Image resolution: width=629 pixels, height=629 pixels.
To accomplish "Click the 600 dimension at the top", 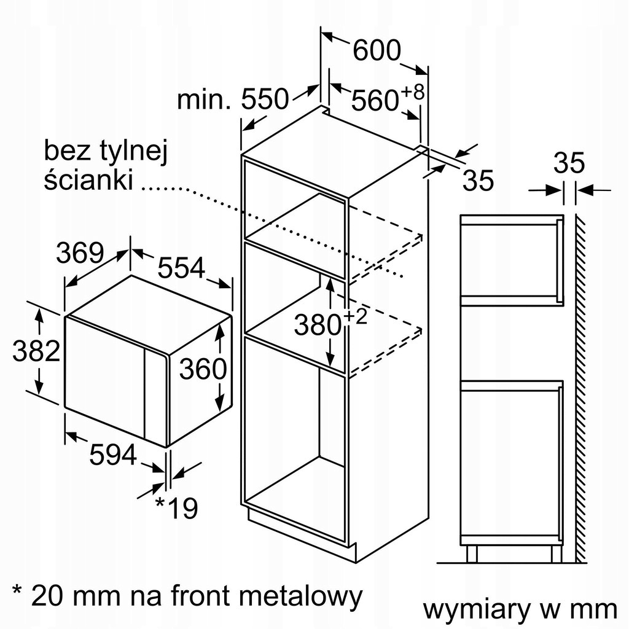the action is click(377, 50).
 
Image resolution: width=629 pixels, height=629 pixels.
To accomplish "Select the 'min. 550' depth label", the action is click(233, 99).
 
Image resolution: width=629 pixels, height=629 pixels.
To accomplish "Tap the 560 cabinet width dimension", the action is click(375, 100).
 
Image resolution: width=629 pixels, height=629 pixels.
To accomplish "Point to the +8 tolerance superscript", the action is click(412, 92).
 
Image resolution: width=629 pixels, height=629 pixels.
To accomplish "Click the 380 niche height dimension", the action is click(318, 324).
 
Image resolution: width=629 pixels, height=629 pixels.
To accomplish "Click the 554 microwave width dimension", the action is click(181, 268).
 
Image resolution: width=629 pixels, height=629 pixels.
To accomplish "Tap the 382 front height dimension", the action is click(36, 351).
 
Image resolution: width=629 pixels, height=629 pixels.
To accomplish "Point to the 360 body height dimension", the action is click(203, 369).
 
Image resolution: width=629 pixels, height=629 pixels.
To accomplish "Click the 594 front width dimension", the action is click(113, 455).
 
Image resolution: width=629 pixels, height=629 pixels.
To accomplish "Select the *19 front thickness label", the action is click(176, 507).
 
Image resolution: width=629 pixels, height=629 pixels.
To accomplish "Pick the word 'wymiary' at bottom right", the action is click(477, 611).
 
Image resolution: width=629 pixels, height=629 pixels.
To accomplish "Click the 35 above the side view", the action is click(569, 163).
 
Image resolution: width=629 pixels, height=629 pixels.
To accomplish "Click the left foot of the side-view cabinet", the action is click(472, 553).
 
